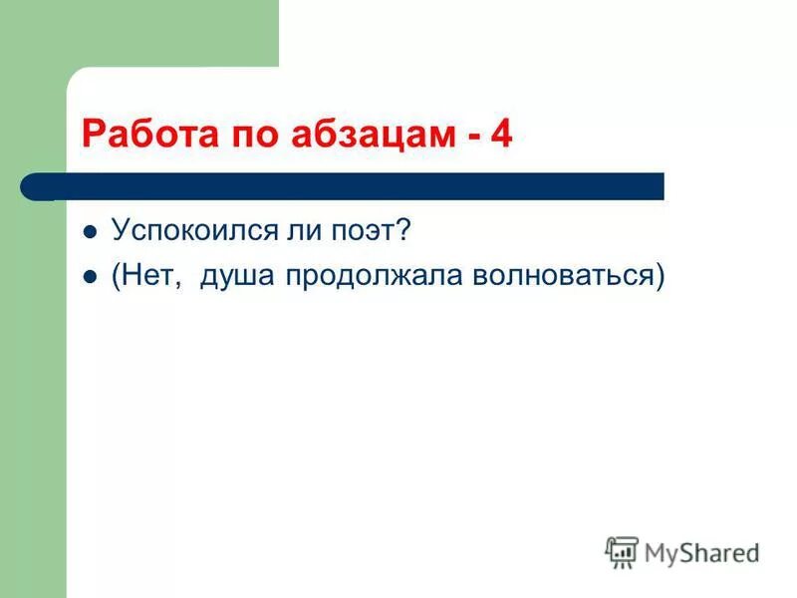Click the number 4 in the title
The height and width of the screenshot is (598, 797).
[x=501, y=134]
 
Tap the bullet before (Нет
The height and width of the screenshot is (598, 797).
[x=90, y=278]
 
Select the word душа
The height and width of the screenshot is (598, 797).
[x=238, y=278]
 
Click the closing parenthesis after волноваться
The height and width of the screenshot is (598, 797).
[x=660, y=277]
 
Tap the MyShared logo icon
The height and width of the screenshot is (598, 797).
[x=622, y=551]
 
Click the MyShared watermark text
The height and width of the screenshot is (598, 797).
[x=701, y=552]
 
